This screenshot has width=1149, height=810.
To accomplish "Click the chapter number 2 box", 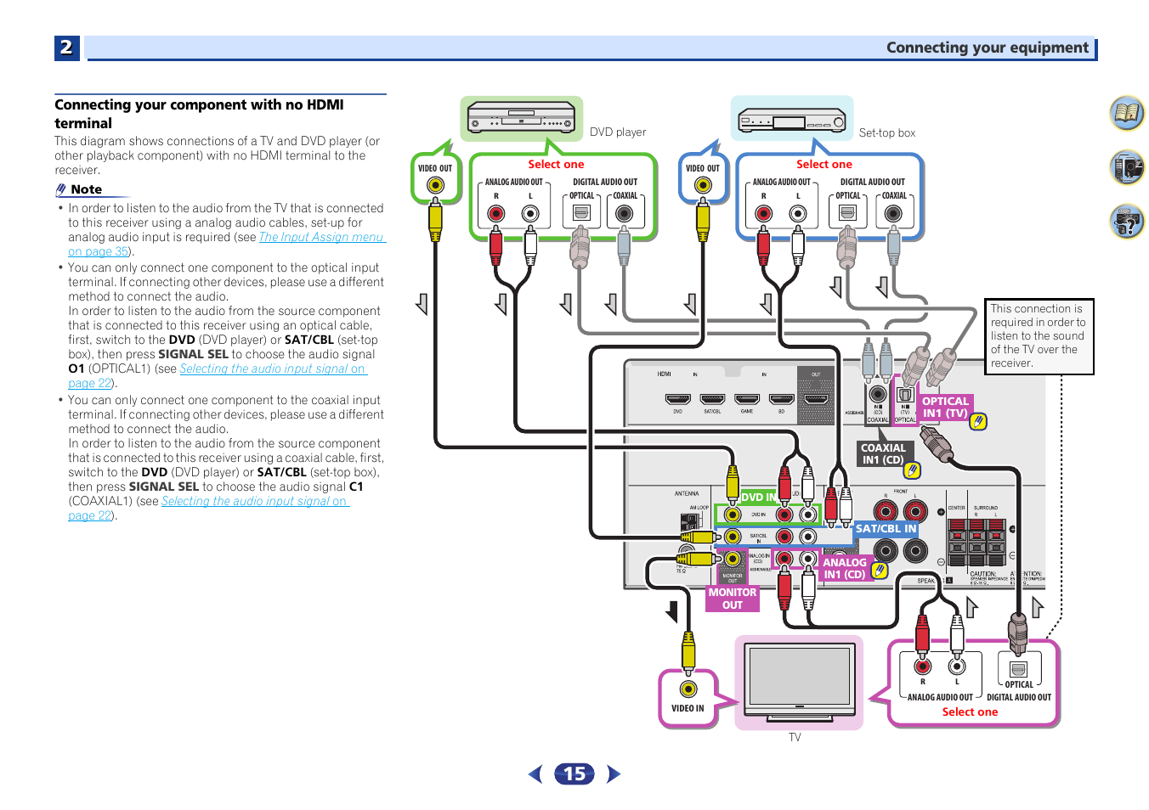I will [x=66, y=48].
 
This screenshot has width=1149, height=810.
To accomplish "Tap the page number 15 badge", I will [x=574, y=773].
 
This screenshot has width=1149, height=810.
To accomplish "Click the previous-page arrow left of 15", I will [x=535, y=773].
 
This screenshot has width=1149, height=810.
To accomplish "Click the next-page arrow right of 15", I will [x=614, y=773].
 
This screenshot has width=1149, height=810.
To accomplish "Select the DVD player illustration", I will [x=521, y=119].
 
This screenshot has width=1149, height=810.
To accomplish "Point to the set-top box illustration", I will [x=791, y=120].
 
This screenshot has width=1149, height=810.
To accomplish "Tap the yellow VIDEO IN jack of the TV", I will [x=688, y=689].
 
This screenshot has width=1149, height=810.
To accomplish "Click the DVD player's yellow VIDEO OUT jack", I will [x=435, y=185].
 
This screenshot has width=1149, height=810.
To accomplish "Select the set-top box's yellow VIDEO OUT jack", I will [x=703, y=185].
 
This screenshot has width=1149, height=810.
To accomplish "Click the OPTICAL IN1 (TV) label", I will [x=945, y=408].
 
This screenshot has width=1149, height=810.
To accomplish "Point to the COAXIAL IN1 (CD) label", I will [x=883, y=453].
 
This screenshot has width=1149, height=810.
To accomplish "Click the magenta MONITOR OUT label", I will [x=732, y=599].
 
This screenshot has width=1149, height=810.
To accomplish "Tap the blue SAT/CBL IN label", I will [x=886, y=528].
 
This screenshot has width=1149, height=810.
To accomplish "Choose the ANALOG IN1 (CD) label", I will [x=844, y=568].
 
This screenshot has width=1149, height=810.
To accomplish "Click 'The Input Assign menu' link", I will [x=321, y=237].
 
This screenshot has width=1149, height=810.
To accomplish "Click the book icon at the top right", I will [x=1127, y=113].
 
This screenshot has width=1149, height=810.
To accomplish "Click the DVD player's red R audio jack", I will [x=496, y=213].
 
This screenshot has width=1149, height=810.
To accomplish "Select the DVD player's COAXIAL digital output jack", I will [x=625, y=213].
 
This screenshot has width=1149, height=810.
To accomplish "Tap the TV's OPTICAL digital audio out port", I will [x=1019, y=668].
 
